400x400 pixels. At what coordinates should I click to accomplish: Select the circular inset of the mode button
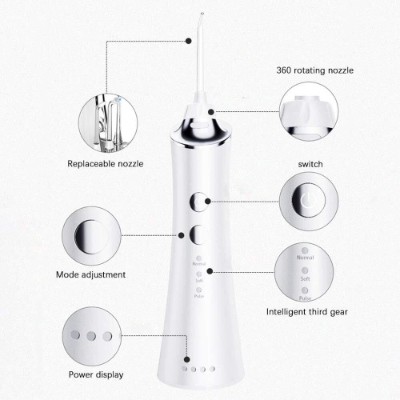tap(90, 234)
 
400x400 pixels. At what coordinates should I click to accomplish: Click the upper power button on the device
tap(198, 203)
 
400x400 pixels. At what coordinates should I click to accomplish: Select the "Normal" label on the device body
tap(198, 262)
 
